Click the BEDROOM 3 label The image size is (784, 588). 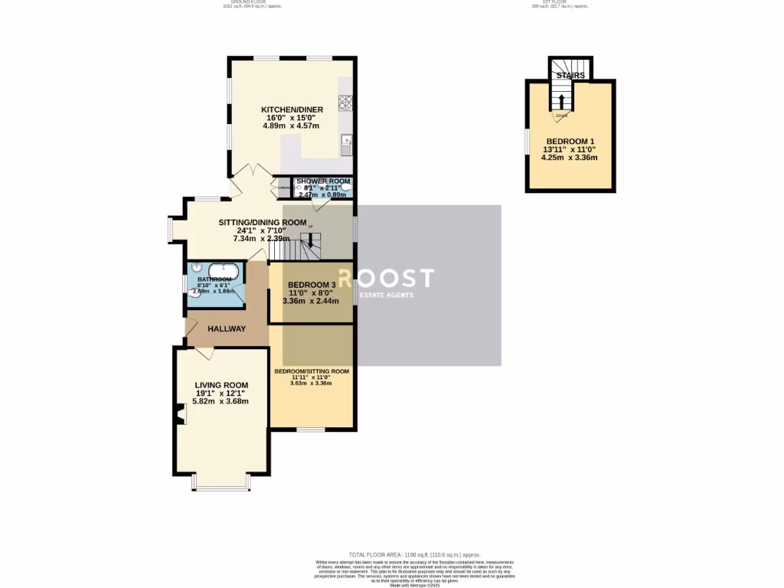310,285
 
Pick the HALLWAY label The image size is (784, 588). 227,329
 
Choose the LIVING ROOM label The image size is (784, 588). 222,385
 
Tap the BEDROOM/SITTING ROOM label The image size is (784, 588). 312,371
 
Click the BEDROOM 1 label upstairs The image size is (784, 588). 570,142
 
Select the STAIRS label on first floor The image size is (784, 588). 570,76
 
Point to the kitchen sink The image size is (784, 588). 346,142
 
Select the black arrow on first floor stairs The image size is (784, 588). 561,101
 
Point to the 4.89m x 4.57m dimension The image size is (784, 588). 291,126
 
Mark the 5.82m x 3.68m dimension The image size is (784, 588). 222,401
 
